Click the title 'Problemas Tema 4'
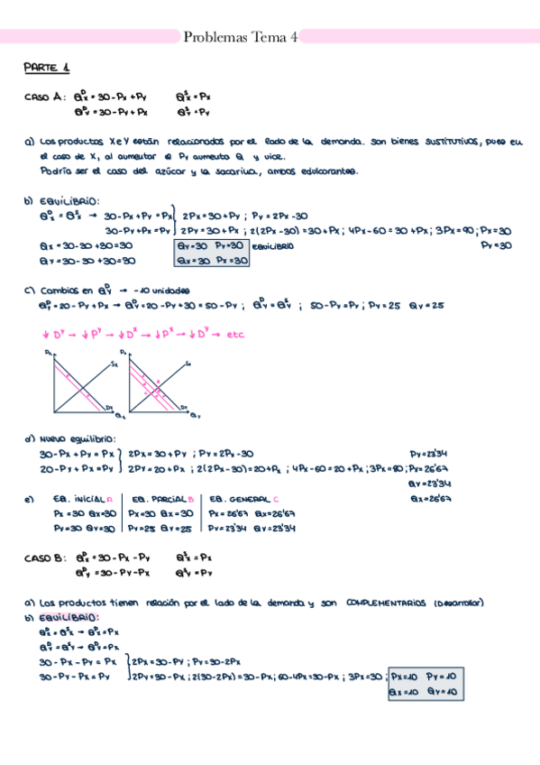[x=240, y=37]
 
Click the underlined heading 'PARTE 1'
[x=47, y=69]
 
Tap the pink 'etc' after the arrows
[x=235, y=334]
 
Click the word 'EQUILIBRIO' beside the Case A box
[x=270, y=245]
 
